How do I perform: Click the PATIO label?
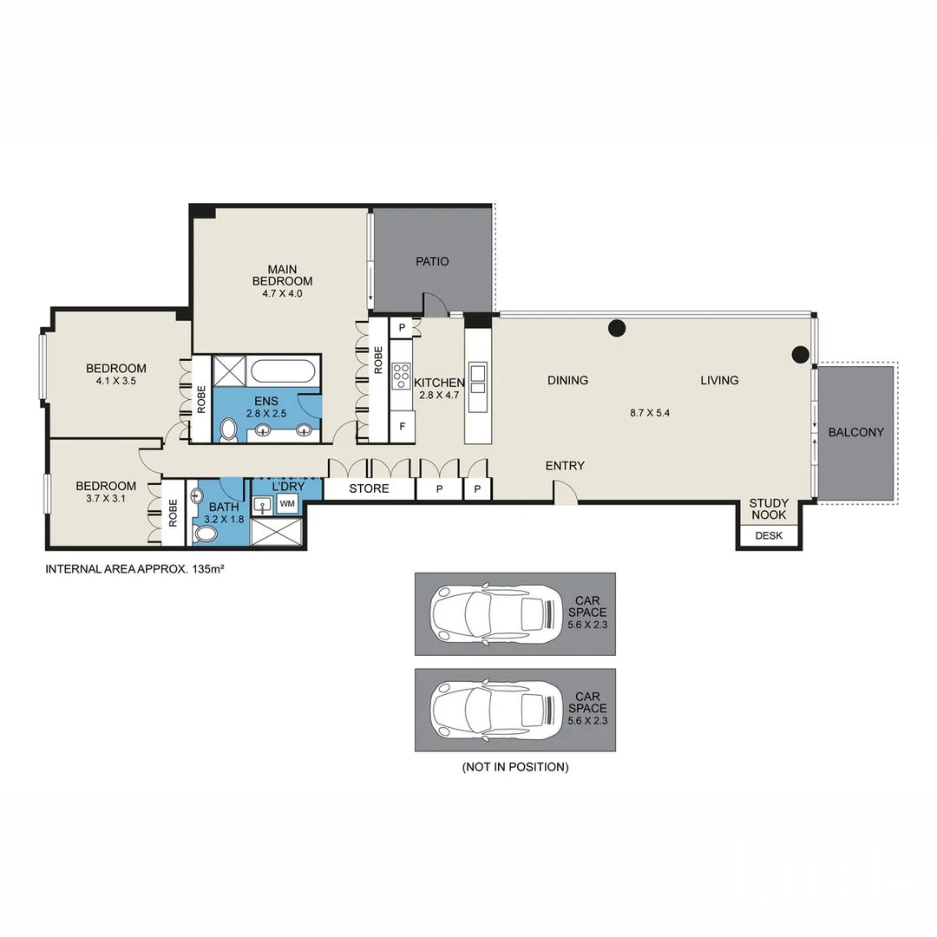[432, 261]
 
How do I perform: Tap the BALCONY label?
[855, 432]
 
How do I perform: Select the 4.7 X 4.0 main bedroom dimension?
[282, 294]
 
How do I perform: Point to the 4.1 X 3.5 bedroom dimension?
[115, 381]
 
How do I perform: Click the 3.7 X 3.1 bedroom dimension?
[105, 499]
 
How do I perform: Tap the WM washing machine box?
[287, 504]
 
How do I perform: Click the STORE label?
[369, 489]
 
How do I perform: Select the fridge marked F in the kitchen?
[403, 427]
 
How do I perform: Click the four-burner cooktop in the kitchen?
[402, 375]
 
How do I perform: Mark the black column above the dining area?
[616, 328]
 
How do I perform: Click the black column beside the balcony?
[800, 353]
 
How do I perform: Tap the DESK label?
[769, 536]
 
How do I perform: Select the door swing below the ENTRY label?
[565, 494]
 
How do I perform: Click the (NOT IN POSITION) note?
[515, 767]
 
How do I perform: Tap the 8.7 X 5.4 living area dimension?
[650, 413]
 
